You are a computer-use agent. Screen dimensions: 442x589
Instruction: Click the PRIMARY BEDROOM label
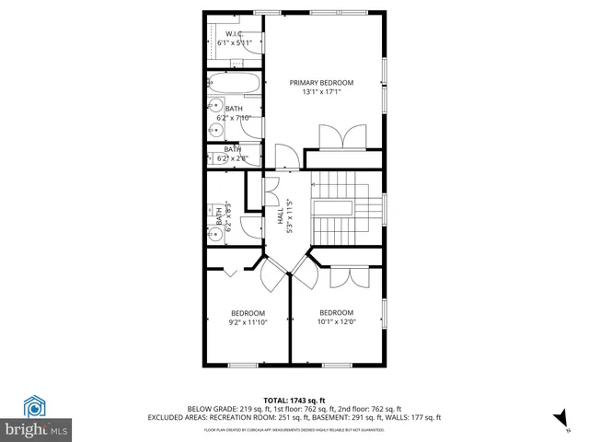(x=322, y=83)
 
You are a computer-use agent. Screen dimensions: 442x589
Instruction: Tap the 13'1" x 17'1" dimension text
(x=322, y=92)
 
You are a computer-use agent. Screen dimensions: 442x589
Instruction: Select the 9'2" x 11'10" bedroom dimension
(x=248, y=322)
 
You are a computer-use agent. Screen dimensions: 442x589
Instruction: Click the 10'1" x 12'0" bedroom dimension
(x=336, y=322)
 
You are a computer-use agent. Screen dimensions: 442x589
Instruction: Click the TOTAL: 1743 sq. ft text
(x=294, y=400)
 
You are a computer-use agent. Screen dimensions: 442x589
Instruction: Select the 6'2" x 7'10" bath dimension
(x=234, y=118)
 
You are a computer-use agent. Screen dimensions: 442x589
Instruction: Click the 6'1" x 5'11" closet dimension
(x=234, y=42)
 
